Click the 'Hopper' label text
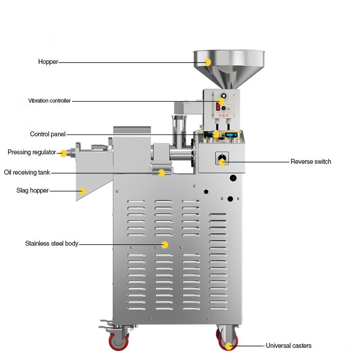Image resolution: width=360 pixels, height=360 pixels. (48, 62)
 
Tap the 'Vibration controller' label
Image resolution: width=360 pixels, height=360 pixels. (49, 101)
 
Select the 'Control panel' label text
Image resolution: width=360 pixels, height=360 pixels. (48, 134)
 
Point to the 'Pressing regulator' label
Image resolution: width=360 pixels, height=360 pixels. (31, 153)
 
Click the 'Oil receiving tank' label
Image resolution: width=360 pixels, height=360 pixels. (27, 172)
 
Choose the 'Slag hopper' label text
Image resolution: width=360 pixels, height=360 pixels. (32, 191)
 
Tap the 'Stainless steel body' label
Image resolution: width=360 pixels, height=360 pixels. (51, 244)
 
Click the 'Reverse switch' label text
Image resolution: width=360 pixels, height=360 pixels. (310, 162)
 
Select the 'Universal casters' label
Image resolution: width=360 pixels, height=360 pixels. (288, 346)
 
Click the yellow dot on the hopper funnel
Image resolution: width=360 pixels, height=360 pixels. (207, 62)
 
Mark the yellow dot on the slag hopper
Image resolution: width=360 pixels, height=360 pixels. (83, 191)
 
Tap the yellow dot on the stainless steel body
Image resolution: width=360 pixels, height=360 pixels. (165, 245)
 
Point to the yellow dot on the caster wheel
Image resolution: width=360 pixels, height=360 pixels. (229, 346)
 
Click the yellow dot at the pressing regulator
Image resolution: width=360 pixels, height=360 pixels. (63, 153)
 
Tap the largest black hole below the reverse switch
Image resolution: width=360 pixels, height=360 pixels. (233, 178)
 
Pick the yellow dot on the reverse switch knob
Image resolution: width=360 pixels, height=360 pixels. (222, 162)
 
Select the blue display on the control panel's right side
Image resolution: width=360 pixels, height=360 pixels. (231, 135)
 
